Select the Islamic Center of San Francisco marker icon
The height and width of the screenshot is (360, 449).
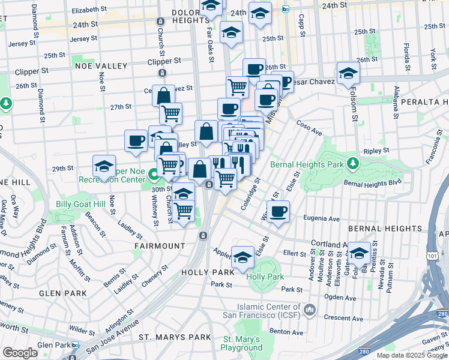(x=310, y=310)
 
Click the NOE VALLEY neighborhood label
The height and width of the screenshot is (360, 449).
(x=101, y=66)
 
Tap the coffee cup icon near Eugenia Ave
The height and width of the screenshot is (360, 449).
(x=279, y=212)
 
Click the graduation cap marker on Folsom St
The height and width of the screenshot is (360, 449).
(x=348, y=74)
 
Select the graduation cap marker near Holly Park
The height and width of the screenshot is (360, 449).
(x=243, y=257)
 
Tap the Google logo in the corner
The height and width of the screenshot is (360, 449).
(x=20, y=353)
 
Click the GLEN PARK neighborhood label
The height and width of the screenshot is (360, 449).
(x=59, y=293)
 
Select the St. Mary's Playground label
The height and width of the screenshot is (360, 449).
(x=241, y=343)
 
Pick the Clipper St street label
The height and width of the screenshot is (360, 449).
(x=164, y=61)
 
